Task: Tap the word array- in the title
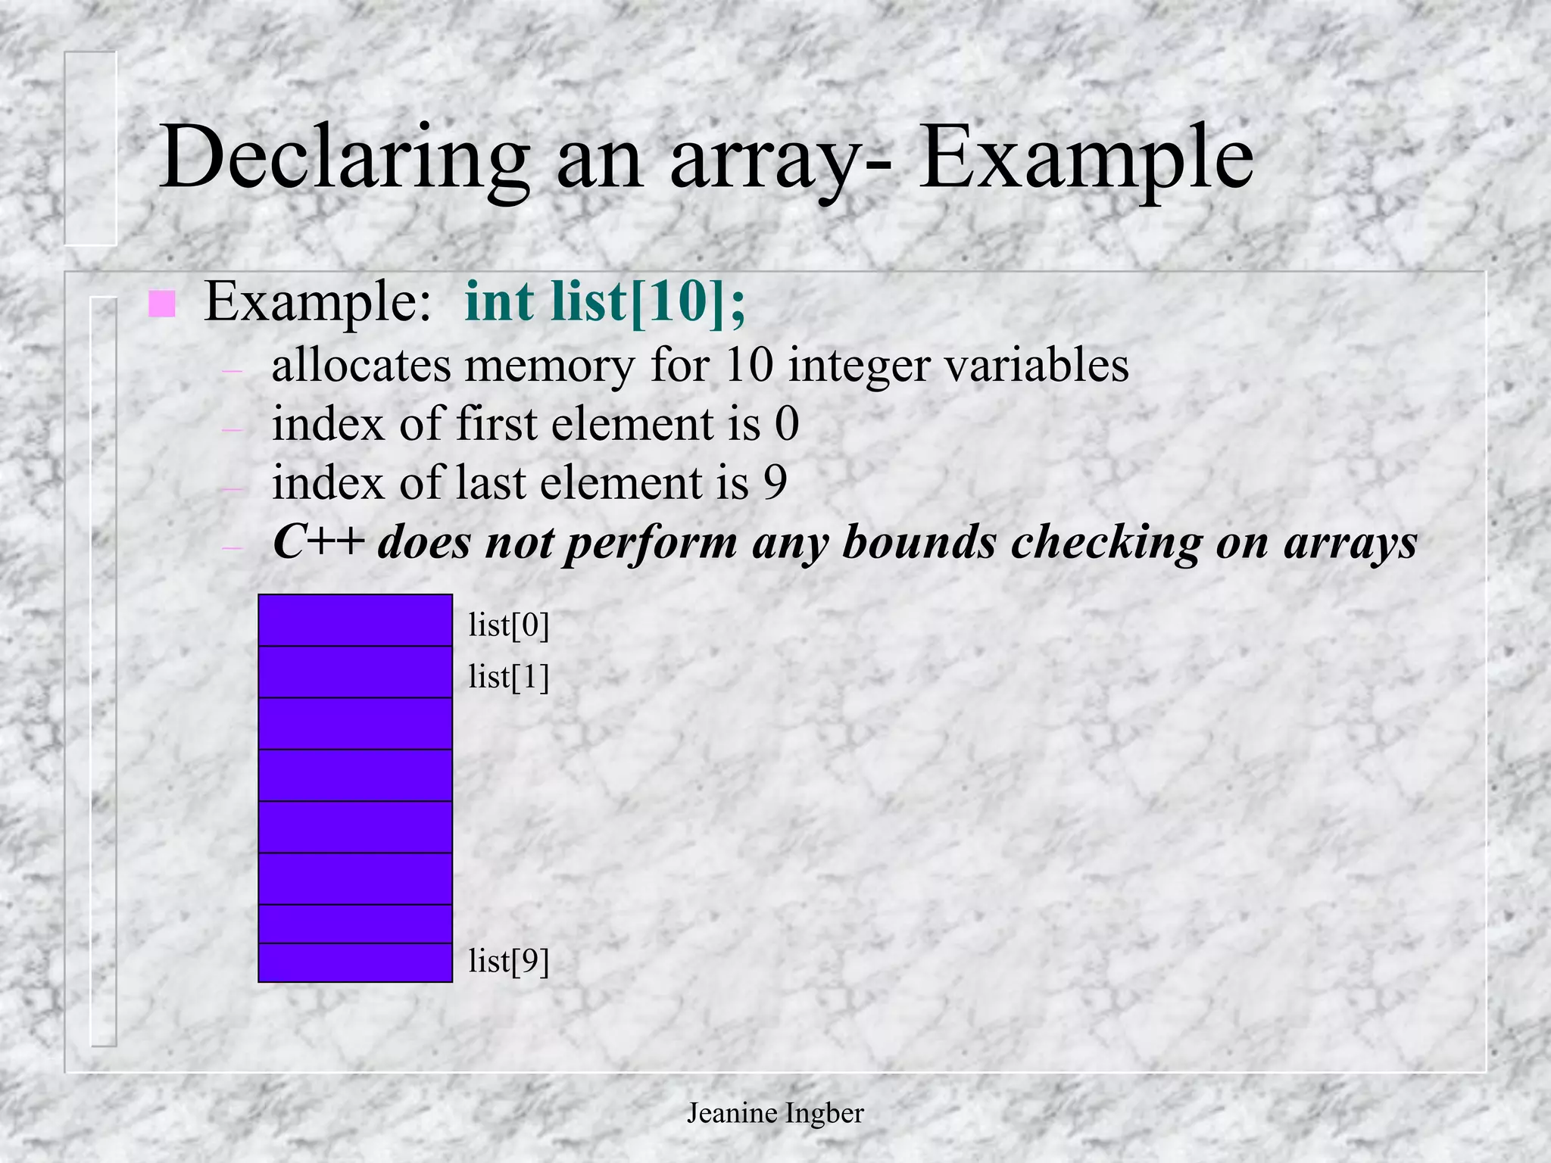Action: click(x=780, y=163)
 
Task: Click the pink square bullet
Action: click(x=162, y=304)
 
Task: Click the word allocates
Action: click(x=361, y=365)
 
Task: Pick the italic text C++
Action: click(x=317, y=542)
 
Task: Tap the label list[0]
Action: click(x=508, y=625)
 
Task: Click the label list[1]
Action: click(x=508, y=676)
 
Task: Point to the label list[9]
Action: click(x=508, y=961)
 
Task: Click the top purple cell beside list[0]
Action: click(x=355, y=620)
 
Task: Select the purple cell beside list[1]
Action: click(x=355, y=672)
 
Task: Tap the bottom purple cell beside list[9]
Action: click(x=355, y=962)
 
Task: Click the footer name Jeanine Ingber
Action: click(x=775, y=1113)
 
